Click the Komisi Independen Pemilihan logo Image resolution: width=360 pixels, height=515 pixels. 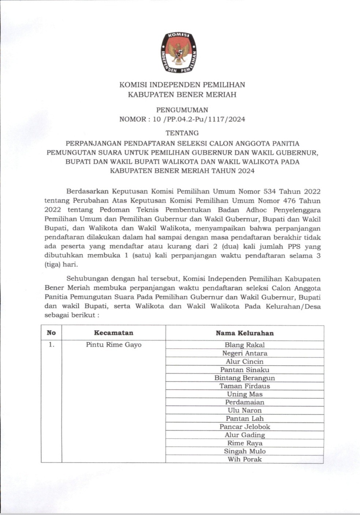point(179,52)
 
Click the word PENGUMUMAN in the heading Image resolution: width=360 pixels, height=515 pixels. point(182,110)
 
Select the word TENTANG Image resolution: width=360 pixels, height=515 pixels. point(182,133)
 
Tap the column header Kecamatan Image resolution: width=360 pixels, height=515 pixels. point(113,333)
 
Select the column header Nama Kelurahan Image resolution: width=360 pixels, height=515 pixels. point(244,333)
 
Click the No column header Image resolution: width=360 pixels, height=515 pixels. point(51,333)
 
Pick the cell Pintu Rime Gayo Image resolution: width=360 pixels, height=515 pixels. point(113,345)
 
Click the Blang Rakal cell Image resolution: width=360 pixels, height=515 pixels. point(244,345)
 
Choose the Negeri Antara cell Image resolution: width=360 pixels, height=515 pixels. point(244,353)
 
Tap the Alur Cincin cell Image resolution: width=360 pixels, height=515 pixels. point(244,361)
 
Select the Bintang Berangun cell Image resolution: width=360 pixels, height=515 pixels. point(244,378)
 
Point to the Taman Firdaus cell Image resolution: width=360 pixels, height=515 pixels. point(244,386)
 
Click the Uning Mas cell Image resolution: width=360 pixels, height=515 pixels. point(244,394)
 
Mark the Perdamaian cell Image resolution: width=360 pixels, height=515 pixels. point(244,402)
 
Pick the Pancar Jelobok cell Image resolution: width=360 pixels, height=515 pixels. point(244,427)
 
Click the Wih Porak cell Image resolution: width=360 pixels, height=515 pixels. point(244,459)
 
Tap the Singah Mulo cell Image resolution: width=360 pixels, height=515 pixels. point(244,451)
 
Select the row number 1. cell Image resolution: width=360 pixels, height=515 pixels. point(51,345)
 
